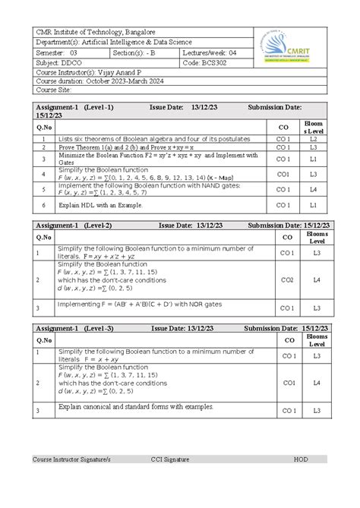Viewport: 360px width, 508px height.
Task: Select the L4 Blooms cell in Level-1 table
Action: coord(312,189)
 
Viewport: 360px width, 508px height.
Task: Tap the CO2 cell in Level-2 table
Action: coord(287,280)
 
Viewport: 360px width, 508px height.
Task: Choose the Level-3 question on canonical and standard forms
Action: coord(126,409)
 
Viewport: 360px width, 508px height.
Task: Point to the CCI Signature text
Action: coord(169,459)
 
